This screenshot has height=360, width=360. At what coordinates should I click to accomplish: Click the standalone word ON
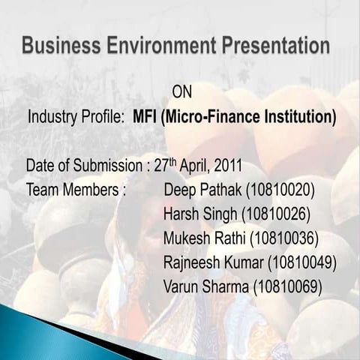point(182,92)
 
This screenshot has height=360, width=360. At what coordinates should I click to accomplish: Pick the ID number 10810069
point(288,286)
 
